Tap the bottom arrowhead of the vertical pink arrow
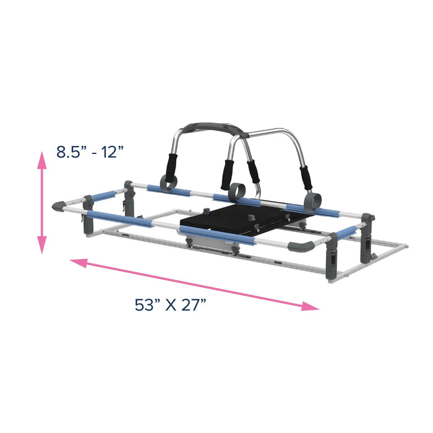tap(42, 246)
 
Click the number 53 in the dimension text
tap(145, 305)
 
